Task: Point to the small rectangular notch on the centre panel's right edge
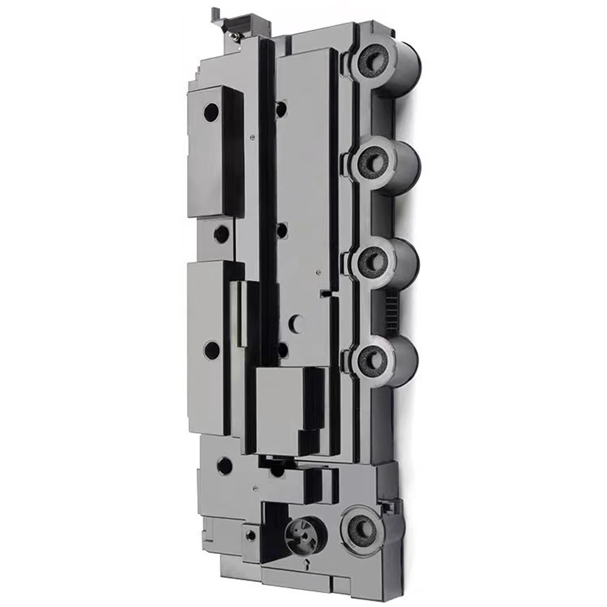(326, 292)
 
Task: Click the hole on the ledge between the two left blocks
(222, 232)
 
